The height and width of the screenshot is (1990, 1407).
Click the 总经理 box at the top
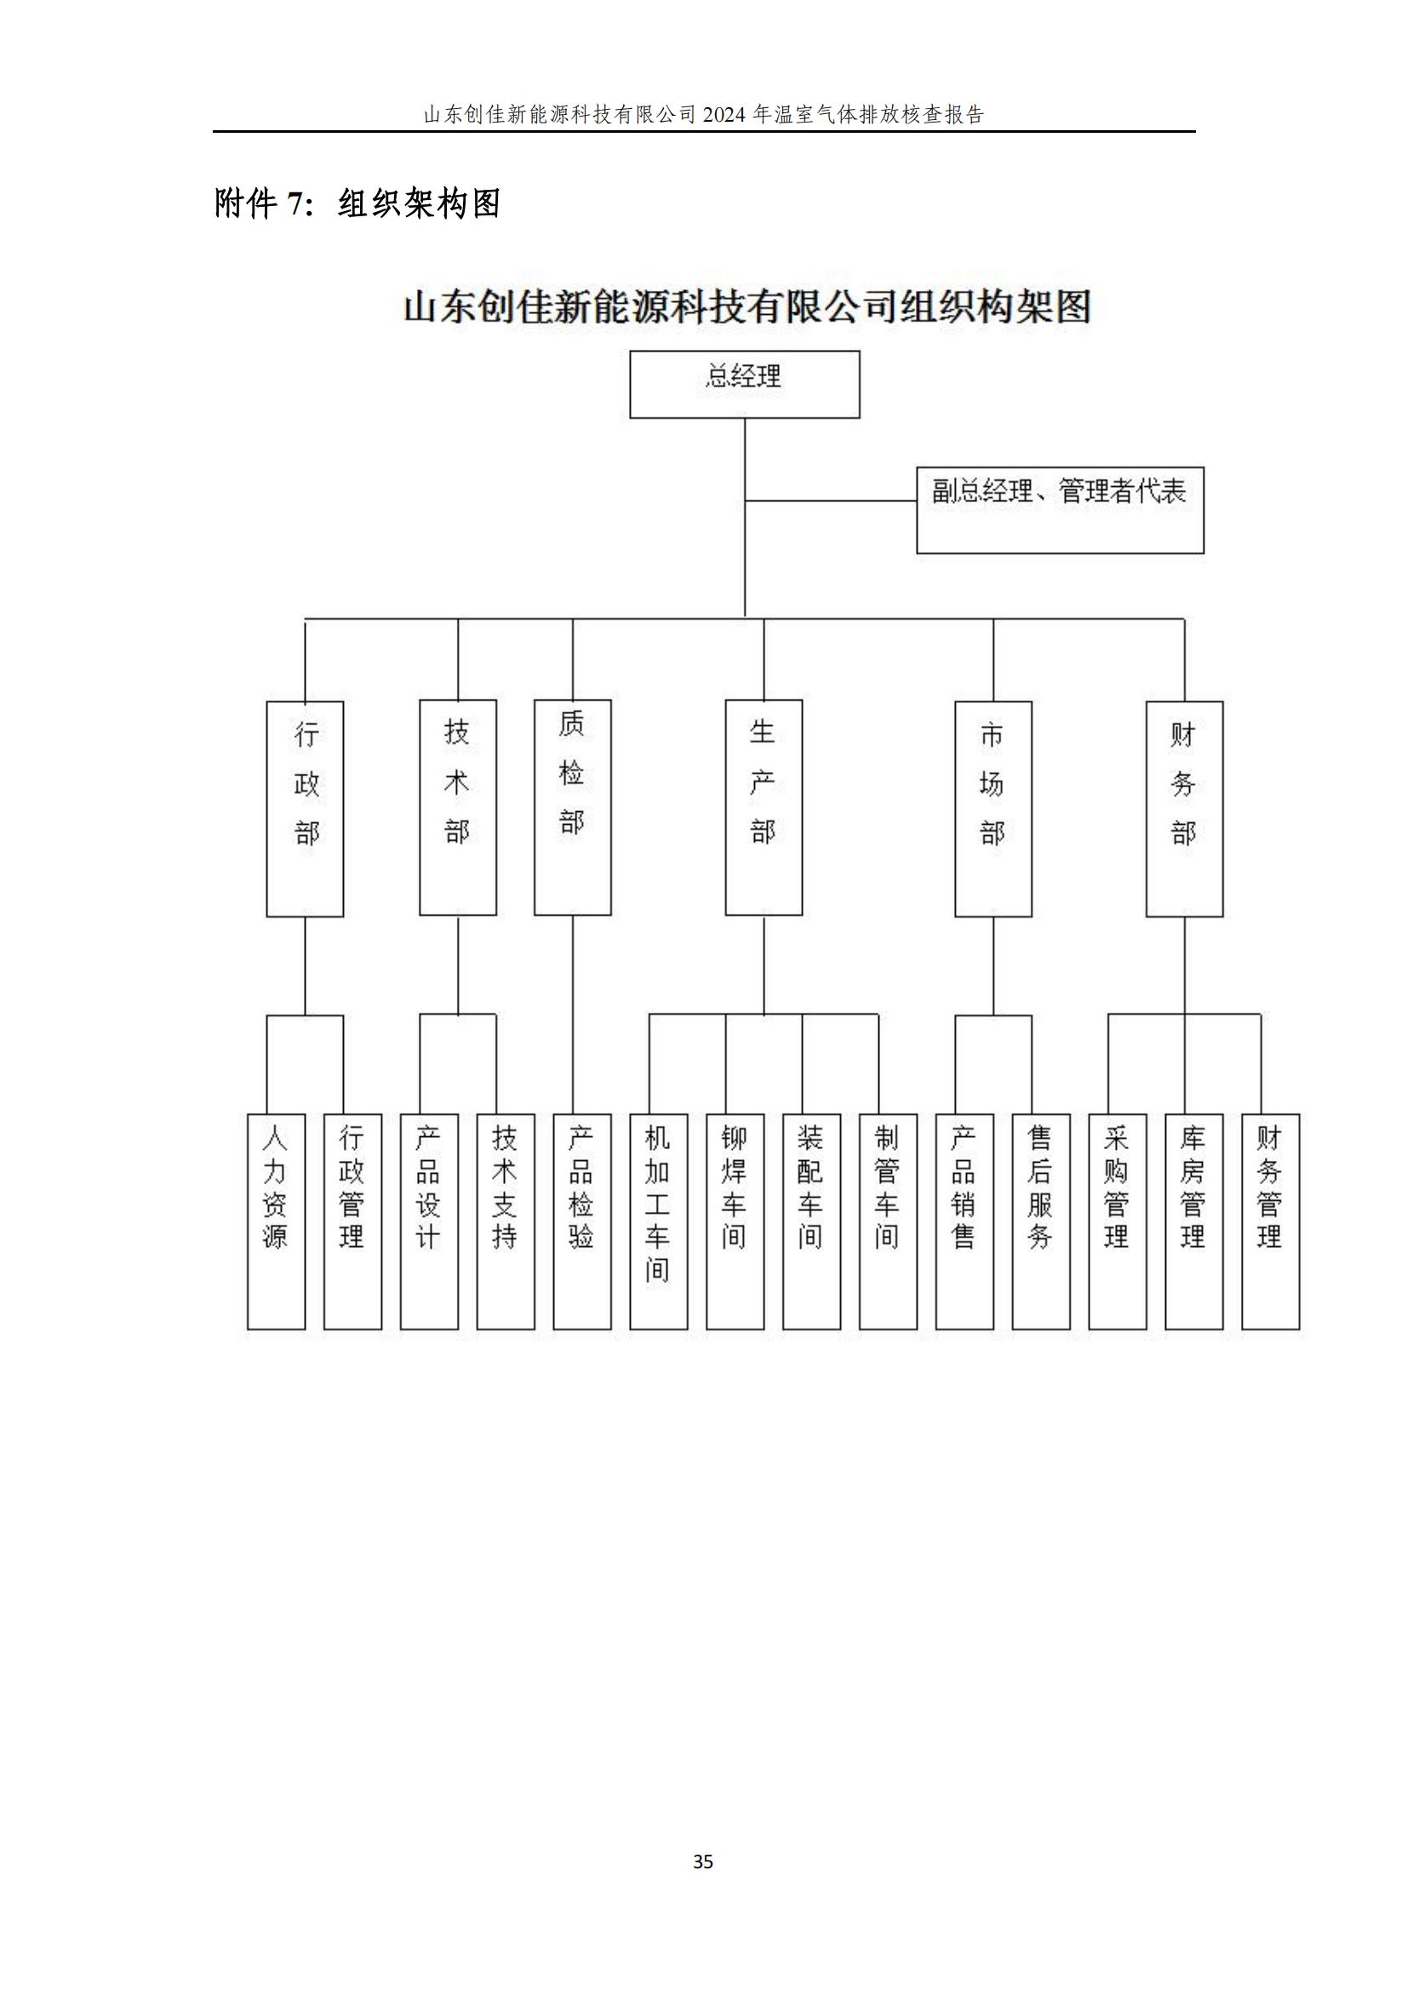pos(745,384)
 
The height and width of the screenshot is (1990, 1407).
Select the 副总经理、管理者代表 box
pos(1061,510)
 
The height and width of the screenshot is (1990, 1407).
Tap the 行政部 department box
pos(306,809)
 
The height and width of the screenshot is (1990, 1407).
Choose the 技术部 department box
pos(458,807)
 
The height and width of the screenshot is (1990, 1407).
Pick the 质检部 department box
pos(572,807)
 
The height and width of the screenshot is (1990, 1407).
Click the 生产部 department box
pos(764,807)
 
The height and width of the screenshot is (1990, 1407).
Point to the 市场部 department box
pos(993,809)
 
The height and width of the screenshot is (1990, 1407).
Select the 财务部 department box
pos(1184,809)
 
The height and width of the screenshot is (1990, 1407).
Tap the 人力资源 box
pos(277,1221)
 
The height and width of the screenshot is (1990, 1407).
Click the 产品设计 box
pos(429,1221)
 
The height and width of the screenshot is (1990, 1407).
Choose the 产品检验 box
pos(582,1221)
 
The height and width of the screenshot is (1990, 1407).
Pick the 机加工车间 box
pos(659,1221)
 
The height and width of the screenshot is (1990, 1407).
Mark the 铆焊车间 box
pos(735,1221)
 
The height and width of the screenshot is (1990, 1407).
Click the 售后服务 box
pos(1041,1221)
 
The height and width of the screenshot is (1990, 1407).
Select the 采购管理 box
pos(1118,1221)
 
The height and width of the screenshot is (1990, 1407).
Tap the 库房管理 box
pos(1193,1221)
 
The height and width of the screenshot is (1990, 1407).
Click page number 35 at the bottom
pos(703,1861)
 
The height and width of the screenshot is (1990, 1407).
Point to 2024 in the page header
pos(724,114)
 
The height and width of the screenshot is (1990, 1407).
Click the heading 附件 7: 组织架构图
pos(357,203)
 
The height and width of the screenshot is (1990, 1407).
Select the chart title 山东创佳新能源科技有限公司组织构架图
pos(746,307)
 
